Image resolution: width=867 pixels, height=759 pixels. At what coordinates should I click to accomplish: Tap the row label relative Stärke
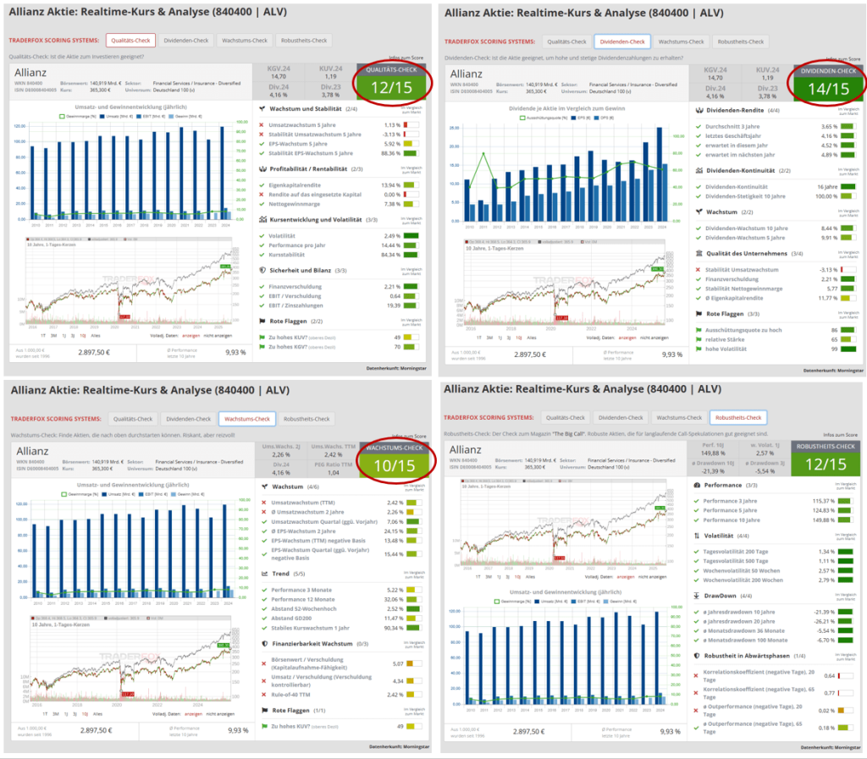point(721,338)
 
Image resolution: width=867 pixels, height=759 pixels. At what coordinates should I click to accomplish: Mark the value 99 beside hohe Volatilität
point(833,348)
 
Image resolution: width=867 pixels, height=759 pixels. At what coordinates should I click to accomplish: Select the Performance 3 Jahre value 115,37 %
point(825,501)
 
